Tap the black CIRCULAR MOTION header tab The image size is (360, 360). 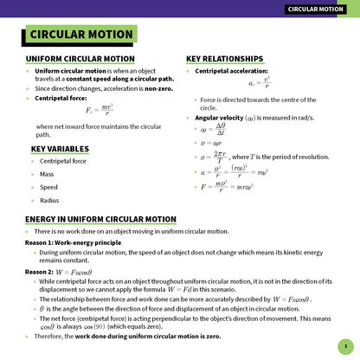click(319, 10)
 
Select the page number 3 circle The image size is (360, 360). click(344, 345)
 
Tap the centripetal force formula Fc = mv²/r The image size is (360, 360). click(101, 111)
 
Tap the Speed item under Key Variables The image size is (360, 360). click(49, 186)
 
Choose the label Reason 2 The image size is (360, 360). click(40, 272)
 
